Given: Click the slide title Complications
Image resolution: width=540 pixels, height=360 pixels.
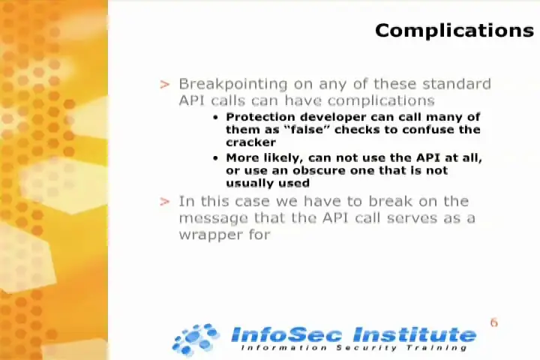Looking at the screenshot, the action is click(454, 31).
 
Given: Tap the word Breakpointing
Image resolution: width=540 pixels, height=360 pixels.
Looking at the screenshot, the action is click(233, 85).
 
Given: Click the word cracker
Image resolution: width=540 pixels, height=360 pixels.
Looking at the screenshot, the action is click(250, 142).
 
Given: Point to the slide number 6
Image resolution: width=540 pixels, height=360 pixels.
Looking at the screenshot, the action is click(493, 322).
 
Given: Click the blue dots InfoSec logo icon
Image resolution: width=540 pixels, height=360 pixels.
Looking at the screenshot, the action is click(195, 339).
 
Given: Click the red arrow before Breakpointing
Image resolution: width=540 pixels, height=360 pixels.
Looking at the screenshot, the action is click(165, 85).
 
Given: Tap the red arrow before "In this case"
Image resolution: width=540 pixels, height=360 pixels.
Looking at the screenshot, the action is click(165, 202).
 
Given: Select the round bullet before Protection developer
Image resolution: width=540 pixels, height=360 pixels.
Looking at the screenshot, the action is click(215, 118).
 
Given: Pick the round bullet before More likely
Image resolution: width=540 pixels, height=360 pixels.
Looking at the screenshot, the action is click(215, 158).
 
